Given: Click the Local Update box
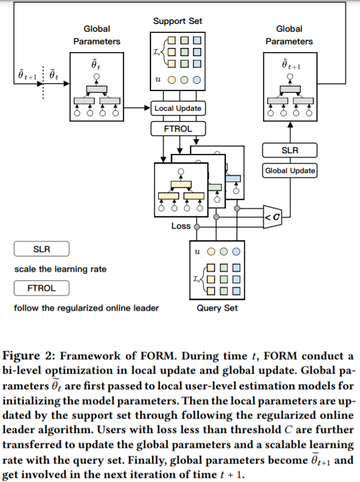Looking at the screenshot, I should pos(178,108).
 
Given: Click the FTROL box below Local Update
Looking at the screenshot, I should pos(178,129).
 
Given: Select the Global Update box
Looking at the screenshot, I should pos(290,171).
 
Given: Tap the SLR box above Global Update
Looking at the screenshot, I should pos(290,150).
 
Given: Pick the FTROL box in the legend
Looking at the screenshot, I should pos(42,288).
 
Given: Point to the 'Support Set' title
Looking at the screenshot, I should pos(178,22).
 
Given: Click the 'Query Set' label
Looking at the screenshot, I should pos(217,308).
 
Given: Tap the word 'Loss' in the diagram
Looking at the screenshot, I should pos(181,226).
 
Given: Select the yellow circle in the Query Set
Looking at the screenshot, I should pos(211,251).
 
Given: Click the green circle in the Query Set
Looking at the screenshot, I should pos(223,251).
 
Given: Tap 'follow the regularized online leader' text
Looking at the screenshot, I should pos(87,308).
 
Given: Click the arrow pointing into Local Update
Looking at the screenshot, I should pos(147,108).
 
